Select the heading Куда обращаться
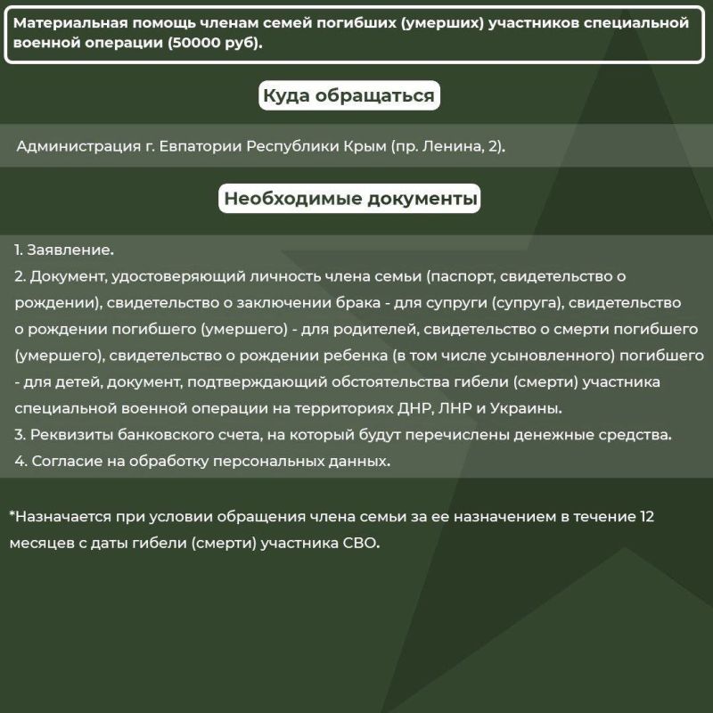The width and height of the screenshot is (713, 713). (x=348, y=95)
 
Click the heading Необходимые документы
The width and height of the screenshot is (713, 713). (x=349, y=198)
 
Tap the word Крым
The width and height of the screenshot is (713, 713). (x=366, y=146)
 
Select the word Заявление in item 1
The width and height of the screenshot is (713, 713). (x=70, y=250)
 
